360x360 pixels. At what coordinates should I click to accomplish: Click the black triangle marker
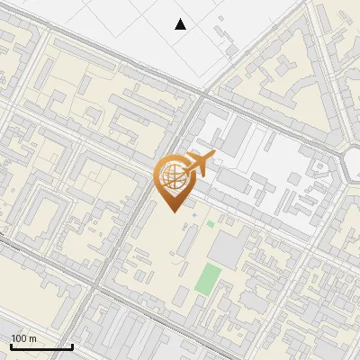point(181,24)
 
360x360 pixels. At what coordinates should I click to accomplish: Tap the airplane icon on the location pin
point(197,164)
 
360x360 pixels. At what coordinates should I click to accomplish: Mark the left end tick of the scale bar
point(12,346)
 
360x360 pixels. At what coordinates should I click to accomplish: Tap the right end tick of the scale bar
point(72,346)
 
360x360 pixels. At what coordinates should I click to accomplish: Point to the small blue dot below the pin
point(194,215)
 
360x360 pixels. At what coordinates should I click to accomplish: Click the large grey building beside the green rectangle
point(232,247)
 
